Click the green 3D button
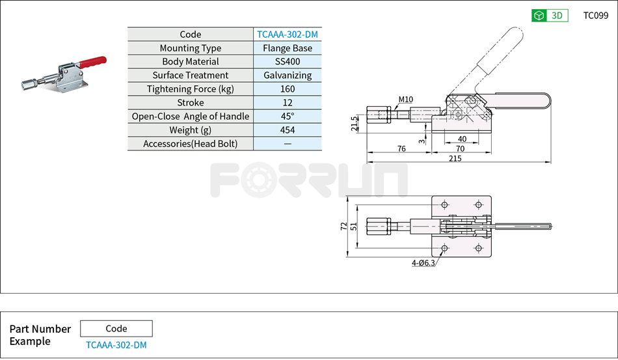(550, 16)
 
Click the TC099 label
(595, 16)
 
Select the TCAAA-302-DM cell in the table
(288, 35)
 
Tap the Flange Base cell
(288, 48)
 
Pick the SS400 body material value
(288, 62)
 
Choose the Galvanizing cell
(288, 76)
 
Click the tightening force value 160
(288, 89)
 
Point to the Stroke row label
(191, 103)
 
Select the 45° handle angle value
(288, 117)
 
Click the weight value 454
(288, 130)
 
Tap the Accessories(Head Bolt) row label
(191, 144)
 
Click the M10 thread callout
(405, 100)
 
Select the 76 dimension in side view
(401, 149)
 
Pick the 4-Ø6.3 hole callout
(423, 263)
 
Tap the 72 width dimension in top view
(343, 226)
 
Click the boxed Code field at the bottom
(116, 329)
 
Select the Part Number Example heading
(40, 335)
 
